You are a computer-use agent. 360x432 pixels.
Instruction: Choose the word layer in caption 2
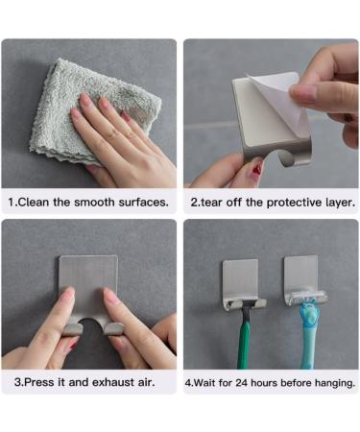[338, 203]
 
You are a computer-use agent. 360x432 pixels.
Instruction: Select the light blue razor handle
[308, 341]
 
